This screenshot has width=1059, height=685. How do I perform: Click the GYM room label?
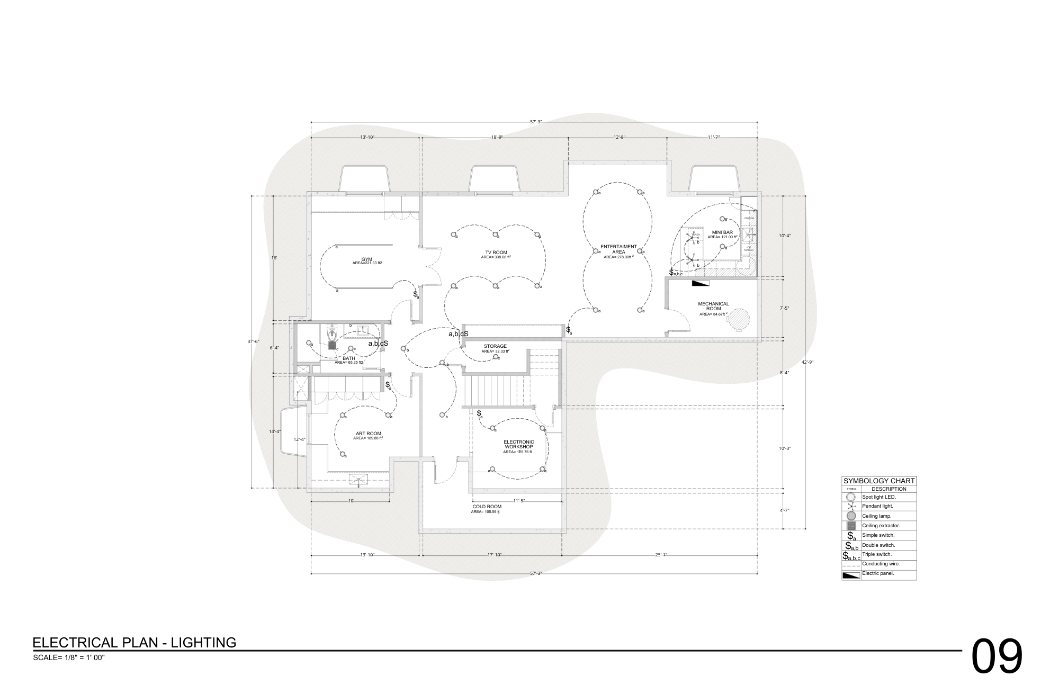click(x=367, y=259)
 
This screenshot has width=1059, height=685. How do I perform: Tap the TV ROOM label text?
click(x=496, y=253)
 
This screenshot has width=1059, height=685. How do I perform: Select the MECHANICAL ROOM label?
click(x=713, y=306)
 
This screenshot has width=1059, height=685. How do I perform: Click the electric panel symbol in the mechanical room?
click(x=699, y=283)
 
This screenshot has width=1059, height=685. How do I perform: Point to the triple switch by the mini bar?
click(x=675, y=273)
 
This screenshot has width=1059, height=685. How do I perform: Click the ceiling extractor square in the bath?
click(x=333, y=345)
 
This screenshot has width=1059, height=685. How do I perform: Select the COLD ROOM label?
click(x=487, y=507)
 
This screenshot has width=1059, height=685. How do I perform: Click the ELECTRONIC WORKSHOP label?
click(x=518, y=444)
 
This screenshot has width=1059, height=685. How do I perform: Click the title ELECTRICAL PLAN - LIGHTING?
click(x=134, y=643)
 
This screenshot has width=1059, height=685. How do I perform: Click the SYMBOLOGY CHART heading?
click(x=879, y=481)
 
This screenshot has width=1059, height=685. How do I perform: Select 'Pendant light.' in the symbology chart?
click(x=877, y=506)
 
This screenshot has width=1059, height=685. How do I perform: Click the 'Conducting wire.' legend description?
click(x=881, y=564)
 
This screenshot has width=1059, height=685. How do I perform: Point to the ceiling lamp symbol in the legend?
click(x=851, y=516)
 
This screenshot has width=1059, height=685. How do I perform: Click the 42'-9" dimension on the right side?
click(x=807, y=362)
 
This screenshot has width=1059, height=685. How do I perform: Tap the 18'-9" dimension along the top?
click(x=496, y=137)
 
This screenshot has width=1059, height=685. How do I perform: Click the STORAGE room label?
click(x=495, y=346)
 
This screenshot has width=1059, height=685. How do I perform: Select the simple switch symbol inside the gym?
click(x=416, y=294)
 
